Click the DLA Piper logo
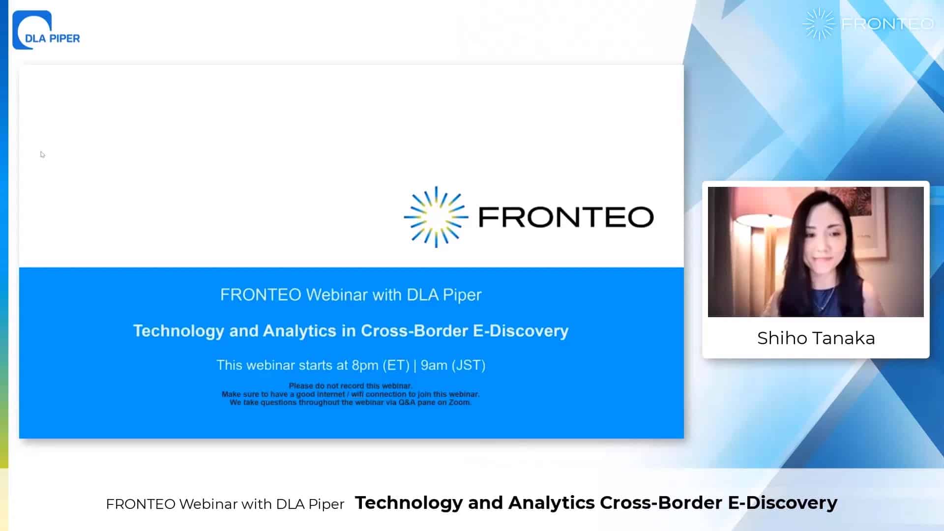(x=46, y=30)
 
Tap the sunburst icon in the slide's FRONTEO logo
(x=436, y=217)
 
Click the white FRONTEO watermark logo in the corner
(x=868, y=24)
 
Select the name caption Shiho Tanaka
(x=816, y=338)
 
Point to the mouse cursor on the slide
(x=43, y=154)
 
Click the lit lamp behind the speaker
(x=752, y=216)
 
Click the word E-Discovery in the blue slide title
(x=521, y=331)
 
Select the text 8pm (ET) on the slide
(x=381, y=365)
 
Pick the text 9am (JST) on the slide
(x=453, y=365)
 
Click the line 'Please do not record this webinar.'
(x=351, y=386)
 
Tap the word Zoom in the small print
(x=460, y=402)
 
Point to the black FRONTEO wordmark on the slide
(x=566, y=217)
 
